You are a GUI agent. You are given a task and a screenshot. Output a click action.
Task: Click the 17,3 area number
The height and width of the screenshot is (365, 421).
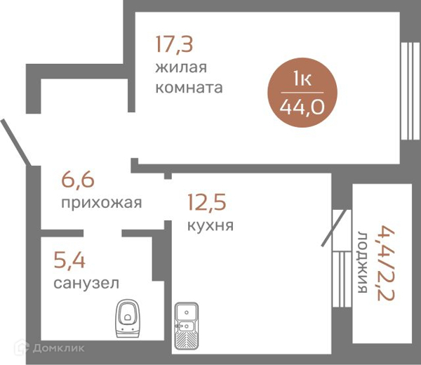click(174, 45)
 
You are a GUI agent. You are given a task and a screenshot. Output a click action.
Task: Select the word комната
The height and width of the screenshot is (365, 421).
click(189, 88)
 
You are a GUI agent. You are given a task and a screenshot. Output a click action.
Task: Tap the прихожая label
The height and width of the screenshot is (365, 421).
click(102, 204)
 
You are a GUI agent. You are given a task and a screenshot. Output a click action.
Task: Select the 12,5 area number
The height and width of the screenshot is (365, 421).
click(206, 204)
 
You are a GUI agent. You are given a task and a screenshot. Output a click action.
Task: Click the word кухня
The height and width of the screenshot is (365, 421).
click(210, 226)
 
